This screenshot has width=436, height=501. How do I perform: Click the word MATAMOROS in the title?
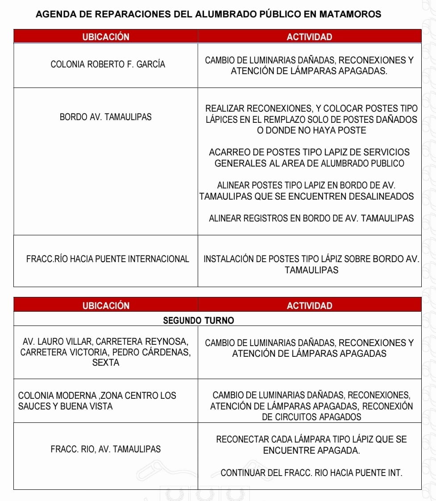point(350,14)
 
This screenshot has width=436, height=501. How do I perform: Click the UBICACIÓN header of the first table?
point(106,37)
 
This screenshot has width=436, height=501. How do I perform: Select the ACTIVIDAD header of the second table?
point(309,306)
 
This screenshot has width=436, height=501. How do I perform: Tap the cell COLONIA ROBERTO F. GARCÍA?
point(108,64)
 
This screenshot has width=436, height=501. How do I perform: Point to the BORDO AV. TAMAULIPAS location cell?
point(106,117)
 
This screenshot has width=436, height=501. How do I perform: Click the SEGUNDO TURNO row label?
point(198,320)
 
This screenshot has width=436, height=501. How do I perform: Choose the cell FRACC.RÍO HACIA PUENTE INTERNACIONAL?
point(108,259)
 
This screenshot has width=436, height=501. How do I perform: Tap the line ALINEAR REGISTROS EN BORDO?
point(311,218)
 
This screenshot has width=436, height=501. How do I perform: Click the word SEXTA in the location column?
point(106,363)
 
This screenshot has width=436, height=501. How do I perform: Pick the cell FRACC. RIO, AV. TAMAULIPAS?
point(106,449)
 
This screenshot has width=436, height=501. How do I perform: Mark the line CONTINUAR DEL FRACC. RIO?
point(311,473)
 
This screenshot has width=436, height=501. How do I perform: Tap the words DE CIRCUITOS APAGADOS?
point(311,417)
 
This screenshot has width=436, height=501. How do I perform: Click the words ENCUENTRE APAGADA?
point(311,451)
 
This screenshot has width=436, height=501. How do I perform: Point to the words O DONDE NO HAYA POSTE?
point(311,131)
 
